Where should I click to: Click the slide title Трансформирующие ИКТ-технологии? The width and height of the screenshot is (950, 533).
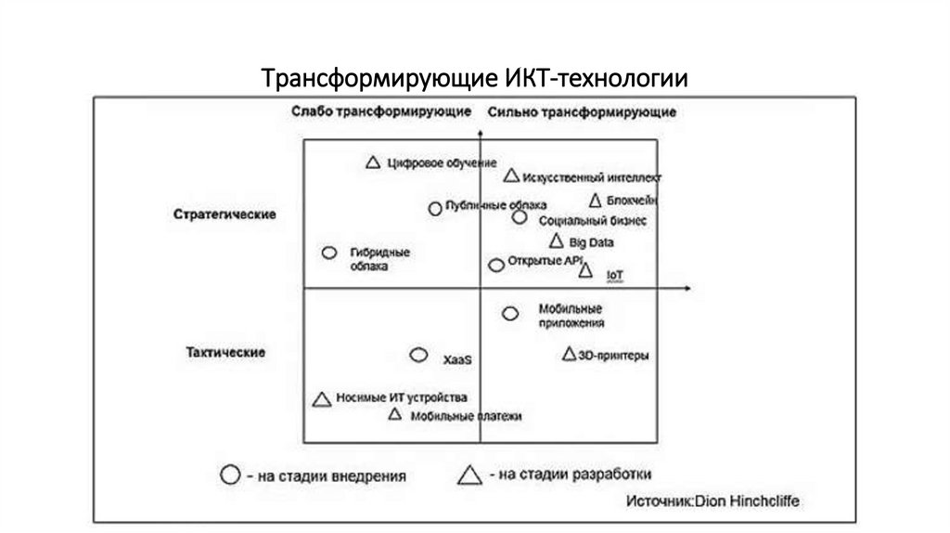(x=474, y=78)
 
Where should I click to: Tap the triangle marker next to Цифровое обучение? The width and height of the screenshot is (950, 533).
(x=372, y=162)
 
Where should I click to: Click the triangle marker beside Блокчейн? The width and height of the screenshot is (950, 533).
(x=596, y=200)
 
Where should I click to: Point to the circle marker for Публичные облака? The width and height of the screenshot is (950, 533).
(x=434, y=208)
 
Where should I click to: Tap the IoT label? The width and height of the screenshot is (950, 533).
(x=615, y=276)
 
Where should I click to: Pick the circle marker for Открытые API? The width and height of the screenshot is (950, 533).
(x=496, y=265)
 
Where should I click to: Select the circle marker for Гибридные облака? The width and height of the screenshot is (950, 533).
(x=328, y=253)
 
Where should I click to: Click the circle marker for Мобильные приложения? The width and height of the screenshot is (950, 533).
(x=510, y=314)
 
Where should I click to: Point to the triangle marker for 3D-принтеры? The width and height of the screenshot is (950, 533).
(x=570, y=354)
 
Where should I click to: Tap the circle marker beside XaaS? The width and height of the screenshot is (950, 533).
(x=419, y=355)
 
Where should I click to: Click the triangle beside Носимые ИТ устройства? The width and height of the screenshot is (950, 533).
(x=322, y=399)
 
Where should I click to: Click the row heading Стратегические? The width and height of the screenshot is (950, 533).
(x=225, y=214)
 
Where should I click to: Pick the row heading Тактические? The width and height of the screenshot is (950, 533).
(x=225, y=352)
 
